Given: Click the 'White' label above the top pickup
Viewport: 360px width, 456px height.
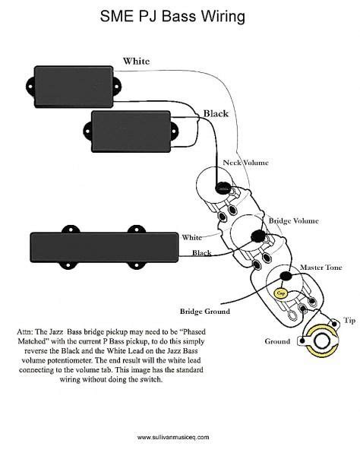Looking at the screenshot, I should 137,61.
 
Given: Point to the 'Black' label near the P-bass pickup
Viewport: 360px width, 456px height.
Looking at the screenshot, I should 215,113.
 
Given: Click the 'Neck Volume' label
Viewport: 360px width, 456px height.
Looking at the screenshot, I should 245,163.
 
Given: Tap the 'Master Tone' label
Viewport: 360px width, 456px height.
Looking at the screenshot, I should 321,268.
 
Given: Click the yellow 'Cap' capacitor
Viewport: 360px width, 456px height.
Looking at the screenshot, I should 280,291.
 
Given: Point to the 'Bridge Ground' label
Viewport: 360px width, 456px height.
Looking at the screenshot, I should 204,311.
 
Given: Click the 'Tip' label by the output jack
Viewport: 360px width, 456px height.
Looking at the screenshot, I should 349,321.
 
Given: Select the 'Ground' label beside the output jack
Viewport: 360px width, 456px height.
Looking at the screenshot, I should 277,341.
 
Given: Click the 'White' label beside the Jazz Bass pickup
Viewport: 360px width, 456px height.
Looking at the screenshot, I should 191,236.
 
